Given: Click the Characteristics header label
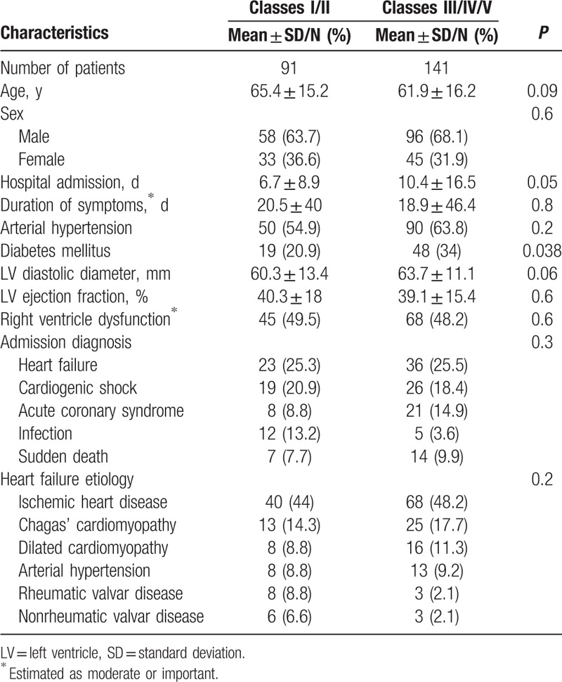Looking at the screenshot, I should tap(54, 33).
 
